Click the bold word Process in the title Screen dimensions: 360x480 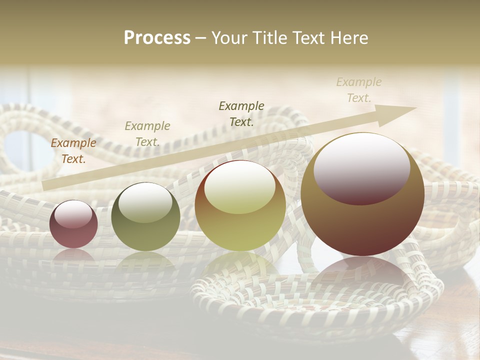coord(157,38)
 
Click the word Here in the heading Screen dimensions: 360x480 coord(348,38)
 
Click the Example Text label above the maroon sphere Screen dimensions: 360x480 coord(73,151)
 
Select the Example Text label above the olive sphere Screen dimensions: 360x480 coord(147,134)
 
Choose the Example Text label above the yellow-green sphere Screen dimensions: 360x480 coord(241,113)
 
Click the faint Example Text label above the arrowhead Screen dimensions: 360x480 coord(358,90)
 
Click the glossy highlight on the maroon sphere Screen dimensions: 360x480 coord(73,214)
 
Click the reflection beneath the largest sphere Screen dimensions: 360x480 coord(362,272)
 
